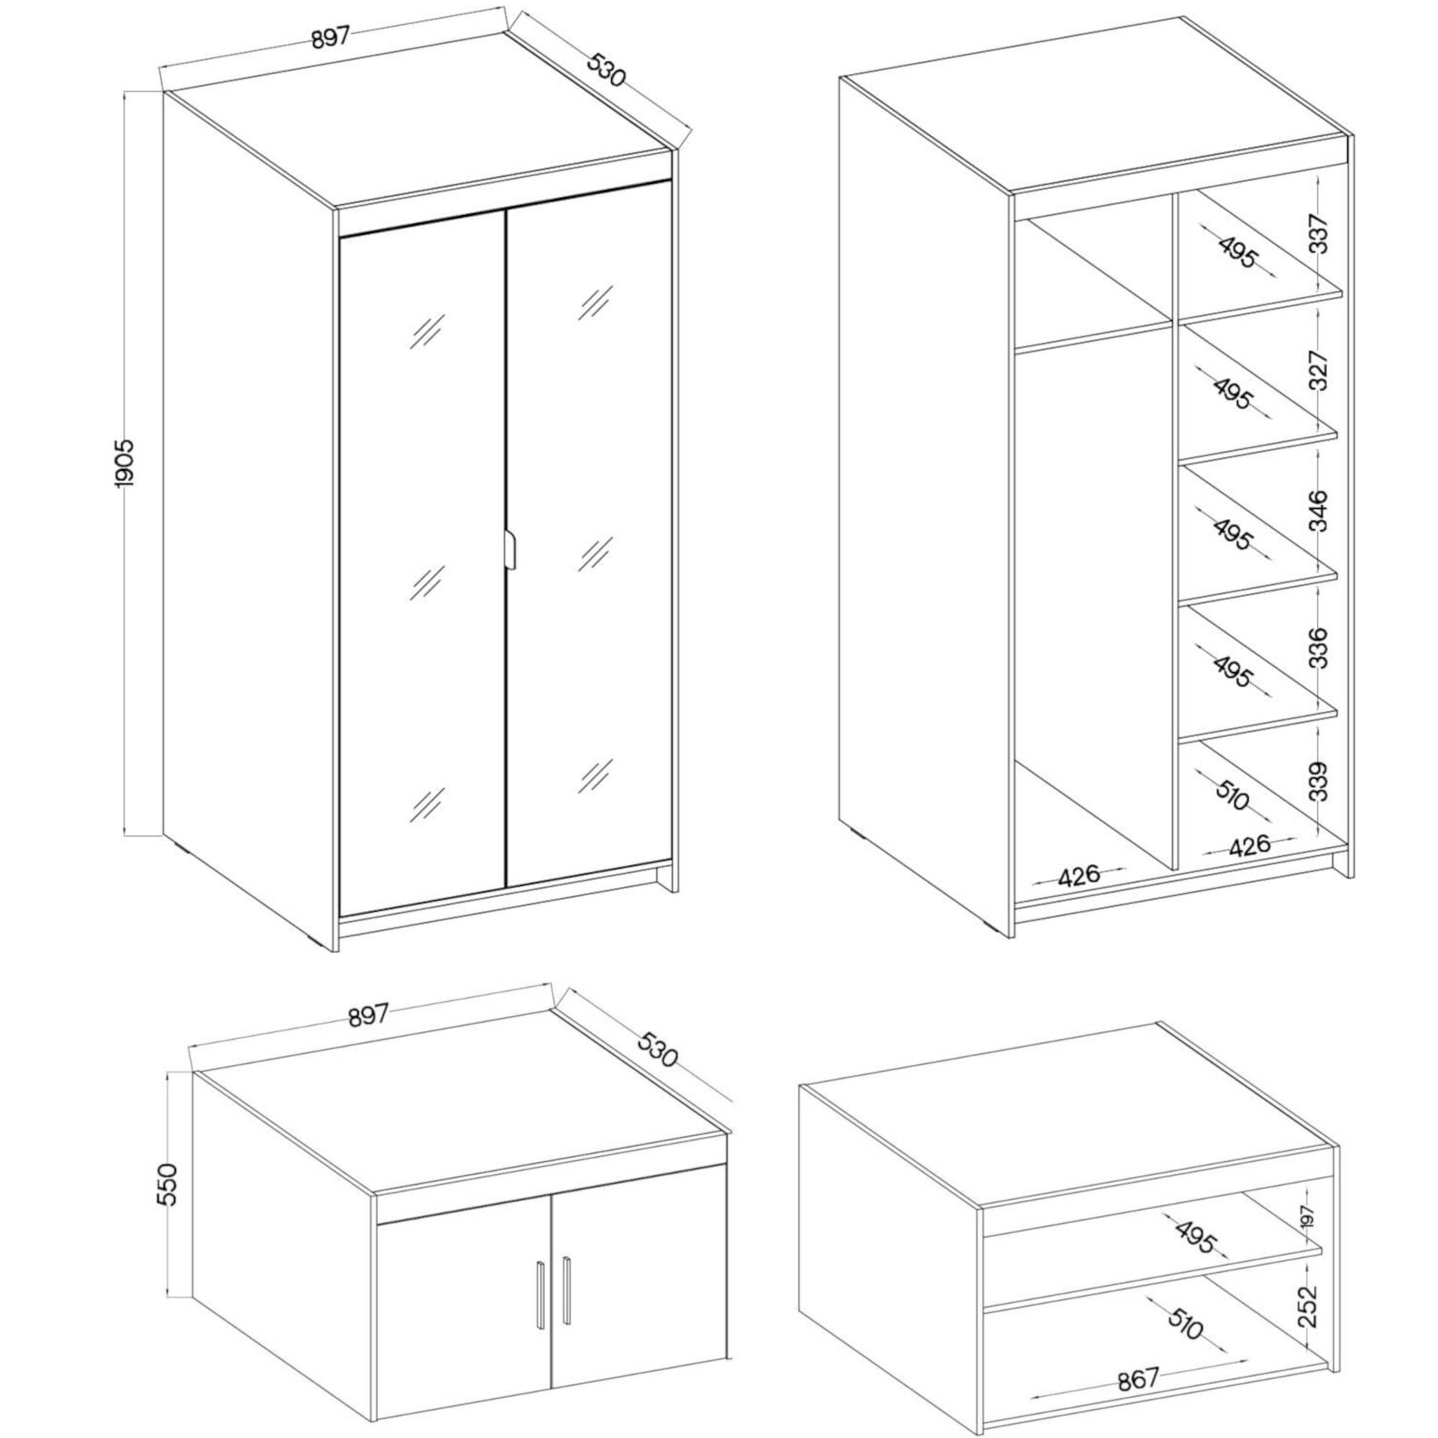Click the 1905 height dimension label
pyautogui.click(x=124, y=463)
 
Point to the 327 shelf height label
pyautogui.click(x=1318, y=370)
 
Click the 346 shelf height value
pyautogui.click(x=1318, y=510)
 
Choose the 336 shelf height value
pyautogui.click(x=1318, y=648)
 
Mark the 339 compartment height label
pyautogui.click(x=1318, y=781)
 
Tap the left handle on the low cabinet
pyautogui.click(x=537, y=1288)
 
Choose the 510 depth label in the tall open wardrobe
pyautogui.click(x=1232, y=799)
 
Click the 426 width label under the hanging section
pyautogui.click(x=1079, y=876)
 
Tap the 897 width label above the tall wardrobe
pyautogui.click(x=331, y=37)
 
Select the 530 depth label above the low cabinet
pyautogui.click(x=657, y=1049)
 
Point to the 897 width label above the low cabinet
pyautogui.click(x=368, y=1016)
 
